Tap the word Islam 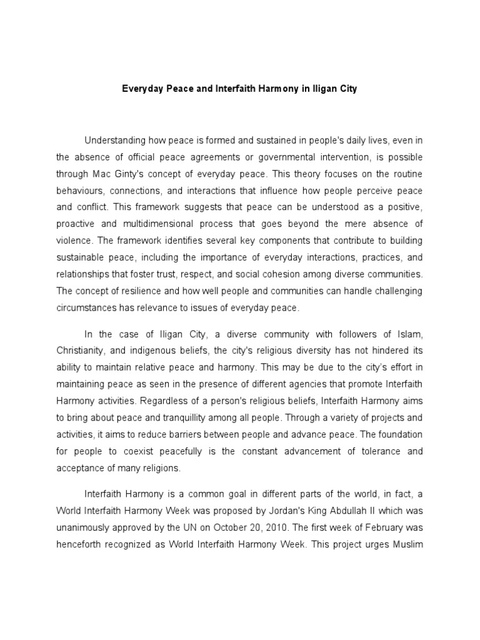411,334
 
